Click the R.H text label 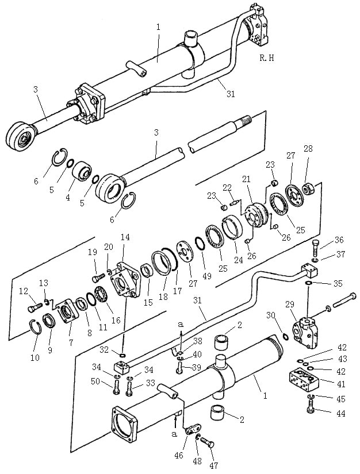(267, 57)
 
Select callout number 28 (308, 149)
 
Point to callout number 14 (125, 237)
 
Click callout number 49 (207, 275)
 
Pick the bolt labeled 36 (316, 246)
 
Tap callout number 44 (341, 413)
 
